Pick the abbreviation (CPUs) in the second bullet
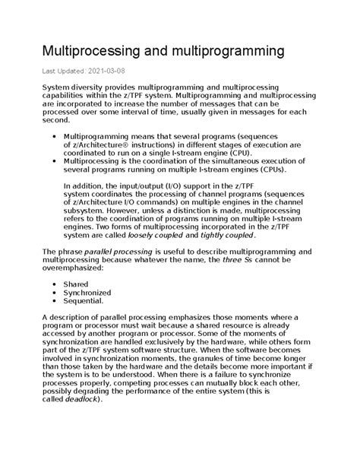point(276,170)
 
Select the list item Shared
point(76,284)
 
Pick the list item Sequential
point(84,301)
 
